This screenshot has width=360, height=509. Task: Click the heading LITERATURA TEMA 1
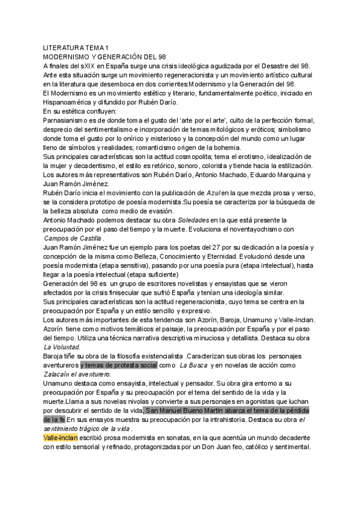76,47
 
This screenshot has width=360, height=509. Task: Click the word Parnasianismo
69,121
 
